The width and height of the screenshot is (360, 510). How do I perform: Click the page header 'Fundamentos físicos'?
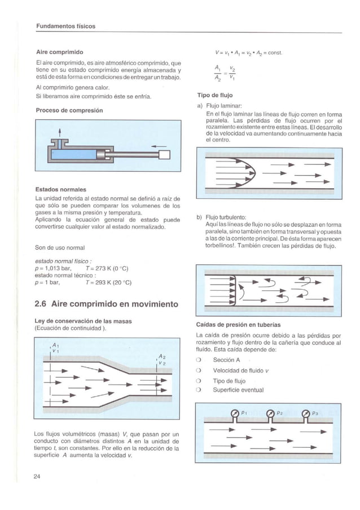coord(65,27)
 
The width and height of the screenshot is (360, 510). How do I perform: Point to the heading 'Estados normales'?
coord(62,189)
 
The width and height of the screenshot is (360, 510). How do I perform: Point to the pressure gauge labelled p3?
coord(307,415)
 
